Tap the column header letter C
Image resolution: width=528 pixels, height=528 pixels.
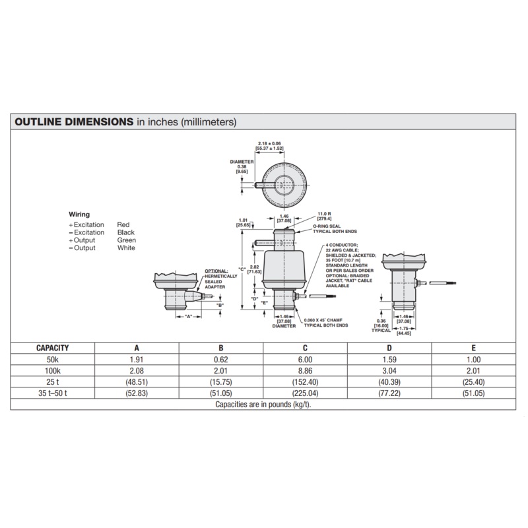(x=305, y=348)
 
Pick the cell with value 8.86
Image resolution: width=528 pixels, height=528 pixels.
(x=305, y=371)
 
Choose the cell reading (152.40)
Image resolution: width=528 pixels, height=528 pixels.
(x=305, y=382)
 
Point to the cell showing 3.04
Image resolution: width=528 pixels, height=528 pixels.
(x=389, y=371)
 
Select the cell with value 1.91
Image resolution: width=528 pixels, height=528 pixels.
(x=136, y=359)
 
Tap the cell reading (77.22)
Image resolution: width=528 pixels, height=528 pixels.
(x=389, y=394)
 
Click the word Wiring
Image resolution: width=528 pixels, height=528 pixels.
(x=79, y=214)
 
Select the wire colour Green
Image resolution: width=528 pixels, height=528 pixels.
(x=127, y=240)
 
